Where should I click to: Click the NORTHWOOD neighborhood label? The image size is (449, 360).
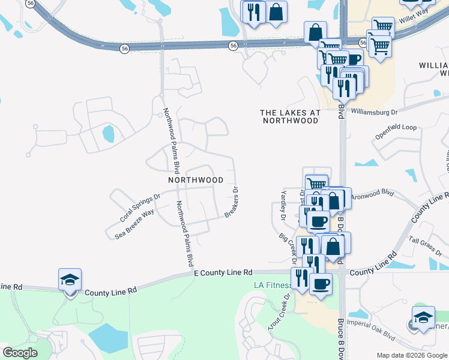tap(195, 180)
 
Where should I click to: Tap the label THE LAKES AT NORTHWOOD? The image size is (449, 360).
tap(290, 116)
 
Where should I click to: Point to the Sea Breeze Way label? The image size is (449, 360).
tap(134, 224)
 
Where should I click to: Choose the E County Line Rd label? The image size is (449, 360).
tap(223, 273)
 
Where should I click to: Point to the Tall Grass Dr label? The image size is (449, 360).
tap(426, 244)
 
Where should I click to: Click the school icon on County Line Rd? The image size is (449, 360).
tap(70, 280)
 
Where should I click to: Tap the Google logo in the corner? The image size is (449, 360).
tap(20, 353)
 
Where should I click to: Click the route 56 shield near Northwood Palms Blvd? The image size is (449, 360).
tap(124, 49)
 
